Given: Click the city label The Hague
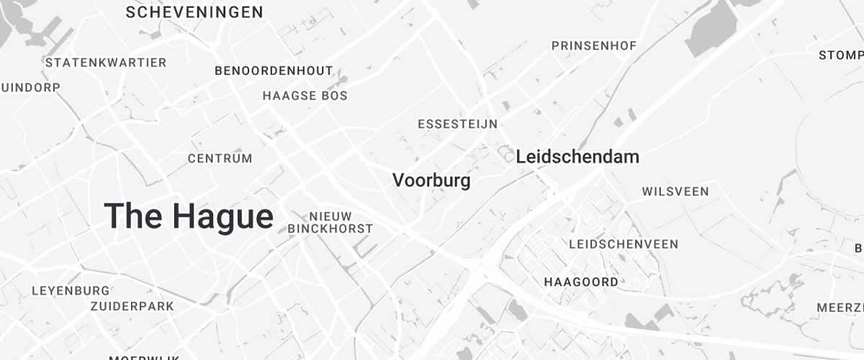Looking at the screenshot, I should [x=189, y=216].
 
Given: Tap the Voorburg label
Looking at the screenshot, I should [x=431, y=180].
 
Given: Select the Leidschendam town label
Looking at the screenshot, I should [x=577, y=156].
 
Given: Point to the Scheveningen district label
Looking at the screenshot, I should [x=194, y=12].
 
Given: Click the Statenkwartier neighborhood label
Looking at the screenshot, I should [x=106, y=63].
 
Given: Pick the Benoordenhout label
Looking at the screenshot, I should [x=274, y=71].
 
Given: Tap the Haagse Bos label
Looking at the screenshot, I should [x=305, y=96].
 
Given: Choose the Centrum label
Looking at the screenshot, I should [x=220, y=158].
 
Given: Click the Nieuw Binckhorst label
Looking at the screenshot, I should [x=330, y=222].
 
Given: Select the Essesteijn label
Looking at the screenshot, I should [x=457, y=124].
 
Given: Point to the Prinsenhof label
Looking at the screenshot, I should [x=594, y=46].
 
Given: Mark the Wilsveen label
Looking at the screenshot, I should [x=675, y=192].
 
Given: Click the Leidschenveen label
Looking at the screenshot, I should [x=624, y=244].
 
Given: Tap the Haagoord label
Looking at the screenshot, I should [x=581, y=282].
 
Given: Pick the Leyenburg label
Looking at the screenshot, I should [x=71, y=291].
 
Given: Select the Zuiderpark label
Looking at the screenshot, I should [x=132, y=306].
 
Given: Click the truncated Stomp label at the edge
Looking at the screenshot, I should [x=841, y=55].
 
